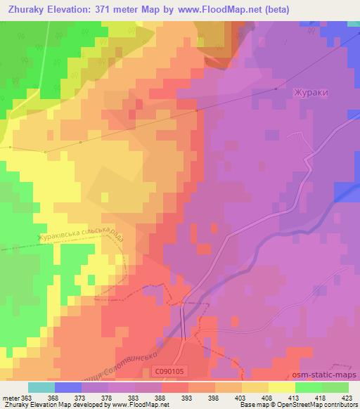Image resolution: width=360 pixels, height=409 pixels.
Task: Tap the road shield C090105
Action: (x=167, y=372)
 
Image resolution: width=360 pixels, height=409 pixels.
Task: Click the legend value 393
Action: (x=187, y=397)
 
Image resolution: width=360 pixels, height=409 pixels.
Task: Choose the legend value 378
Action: (x=106, y=397)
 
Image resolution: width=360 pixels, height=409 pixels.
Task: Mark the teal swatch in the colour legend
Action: (x=41, y=387)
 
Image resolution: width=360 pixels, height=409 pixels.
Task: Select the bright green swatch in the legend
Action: (x=308, y=387)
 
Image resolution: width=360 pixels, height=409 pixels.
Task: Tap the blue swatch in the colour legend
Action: (x=67, y=387)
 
